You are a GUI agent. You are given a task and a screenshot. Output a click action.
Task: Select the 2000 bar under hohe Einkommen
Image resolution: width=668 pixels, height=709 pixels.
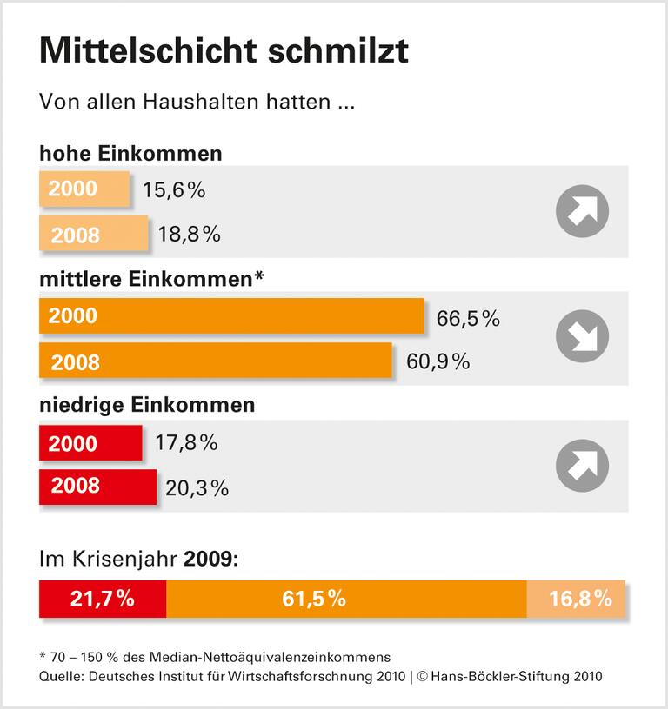pyautogui.click(x=83, y=189)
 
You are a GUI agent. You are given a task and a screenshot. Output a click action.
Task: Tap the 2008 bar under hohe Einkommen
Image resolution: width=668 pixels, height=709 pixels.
pyautogui.click(x=94, y=234)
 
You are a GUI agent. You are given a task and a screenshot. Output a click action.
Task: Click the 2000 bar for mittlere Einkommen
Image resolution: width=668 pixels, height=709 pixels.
pyautogui.click(x=230, y=316)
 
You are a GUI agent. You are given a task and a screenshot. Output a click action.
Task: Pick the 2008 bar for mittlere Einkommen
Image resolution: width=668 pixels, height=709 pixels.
pyautogui.click(x=215, y=361)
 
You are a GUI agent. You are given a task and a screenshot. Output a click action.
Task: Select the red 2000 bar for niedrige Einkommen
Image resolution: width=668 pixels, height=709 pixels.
pyautogui.click(x=90, y=443)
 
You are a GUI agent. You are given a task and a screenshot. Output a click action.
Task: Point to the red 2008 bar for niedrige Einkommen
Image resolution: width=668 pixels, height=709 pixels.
pyautogui.click(x=97, y=487)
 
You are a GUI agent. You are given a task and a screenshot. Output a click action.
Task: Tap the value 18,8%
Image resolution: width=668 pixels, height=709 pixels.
pyautogui.click(x=189, y=235)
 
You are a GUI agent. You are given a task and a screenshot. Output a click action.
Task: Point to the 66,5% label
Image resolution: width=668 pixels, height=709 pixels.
pyautogui.click(x=468, y=319)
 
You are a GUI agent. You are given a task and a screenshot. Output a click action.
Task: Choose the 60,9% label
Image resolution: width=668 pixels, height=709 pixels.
pyautogui.click(x=438, y=361)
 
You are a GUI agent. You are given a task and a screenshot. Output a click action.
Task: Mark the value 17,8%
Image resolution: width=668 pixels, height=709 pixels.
pyautogui.click(x=185, y=444)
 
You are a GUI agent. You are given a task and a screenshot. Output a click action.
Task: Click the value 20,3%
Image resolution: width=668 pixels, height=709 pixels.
pyautogui.click(x=197, y=488)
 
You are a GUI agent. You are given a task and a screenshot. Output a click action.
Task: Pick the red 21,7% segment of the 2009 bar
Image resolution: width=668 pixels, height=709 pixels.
pyautogui.click(x=103, y=599)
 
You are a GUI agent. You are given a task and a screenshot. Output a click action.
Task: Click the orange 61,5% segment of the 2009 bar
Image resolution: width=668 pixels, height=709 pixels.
pyautogui.click(x=346, y=599)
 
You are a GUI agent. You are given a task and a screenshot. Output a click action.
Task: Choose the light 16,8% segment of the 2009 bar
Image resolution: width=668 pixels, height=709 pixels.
pyautogui.click(x=576, y=599)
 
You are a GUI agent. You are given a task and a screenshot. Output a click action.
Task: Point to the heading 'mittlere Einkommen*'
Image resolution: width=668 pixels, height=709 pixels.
pyautogui.click(x=151, y=279)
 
